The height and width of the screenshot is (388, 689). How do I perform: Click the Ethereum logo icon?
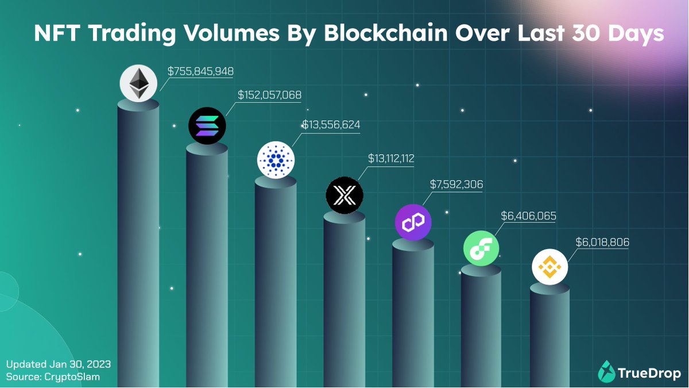(138, 84)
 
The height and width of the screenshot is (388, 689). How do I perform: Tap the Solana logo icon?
(207, 125)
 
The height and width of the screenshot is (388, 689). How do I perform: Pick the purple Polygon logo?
(413, 221)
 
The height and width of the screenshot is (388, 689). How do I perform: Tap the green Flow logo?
(482, 248)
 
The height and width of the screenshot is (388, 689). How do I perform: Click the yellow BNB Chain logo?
(549, 267)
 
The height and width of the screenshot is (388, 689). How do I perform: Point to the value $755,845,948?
(200, 71)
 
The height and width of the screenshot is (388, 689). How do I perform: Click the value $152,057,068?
(269, 95)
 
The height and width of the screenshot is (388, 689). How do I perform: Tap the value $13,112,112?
(391, 158)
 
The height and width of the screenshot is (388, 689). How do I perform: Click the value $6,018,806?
(602, 243)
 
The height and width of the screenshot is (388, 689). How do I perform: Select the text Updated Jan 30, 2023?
(58, 364)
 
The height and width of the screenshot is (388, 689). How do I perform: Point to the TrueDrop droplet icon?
(606, 371)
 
